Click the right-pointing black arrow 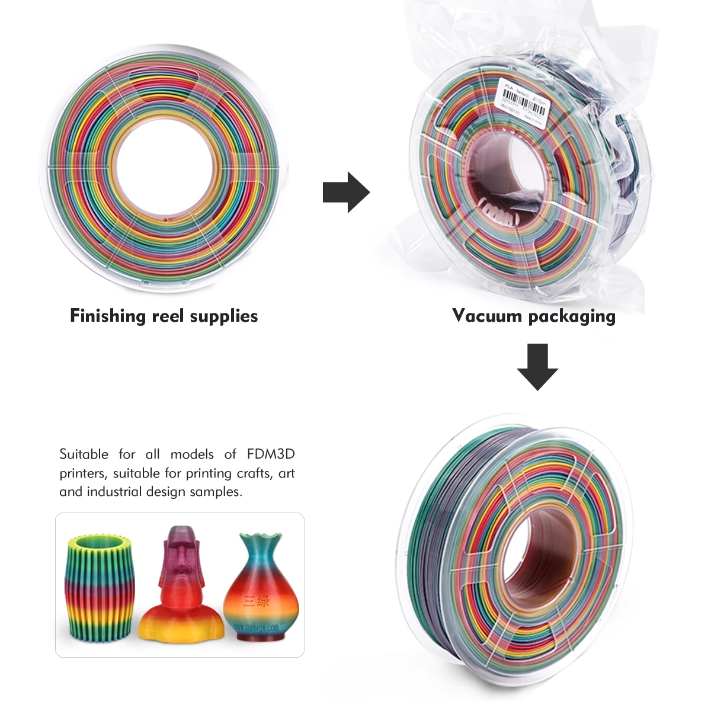coord(347,192)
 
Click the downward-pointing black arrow coord(537,366)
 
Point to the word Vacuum coord(486,316)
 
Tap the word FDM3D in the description coord(271,454)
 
